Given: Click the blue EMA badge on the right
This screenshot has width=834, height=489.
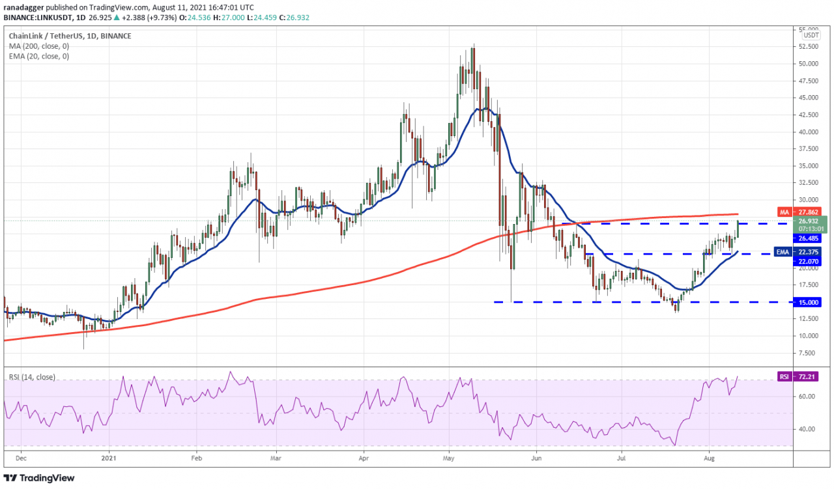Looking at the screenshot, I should click(x=783, y=252).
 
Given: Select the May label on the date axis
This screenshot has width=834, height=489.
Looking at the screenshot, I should click(x=448, y=458).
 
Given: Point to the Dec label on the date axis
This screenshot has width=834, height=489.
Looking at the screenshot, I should click(x=20, y=458).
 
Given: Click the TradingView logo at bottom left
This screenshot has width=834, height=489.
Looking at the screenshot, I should click(x=40, y=478).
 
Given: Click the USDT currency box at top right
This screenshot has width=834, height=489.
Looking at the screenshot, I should click(x=811, y=36).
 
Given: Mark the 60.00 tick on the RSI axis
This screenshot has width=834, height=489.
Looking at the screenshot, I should click(x=810, y=396).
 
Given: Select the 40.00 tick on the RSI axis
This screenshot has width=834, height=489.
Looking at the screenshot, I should click(x=810, y=429).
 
